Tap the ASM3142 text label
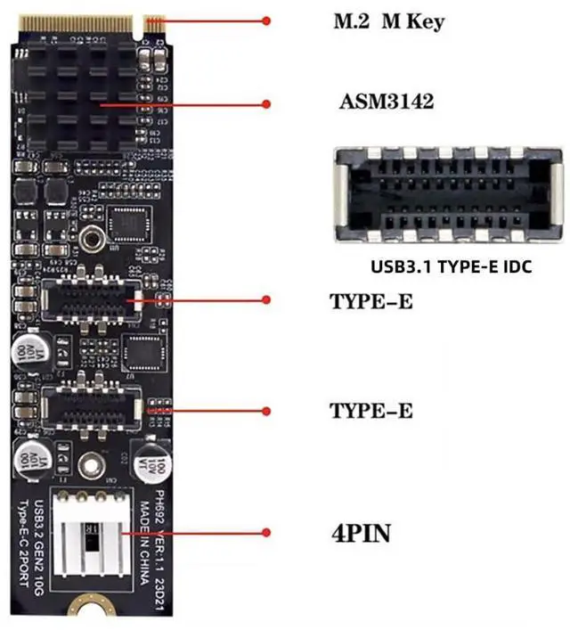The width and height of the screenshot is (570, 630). (x=386, y=102)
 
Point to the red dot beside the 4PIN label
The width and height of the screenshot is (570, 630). (x=266, y=533)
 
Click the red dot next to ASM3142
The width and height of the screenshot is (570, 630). (x=266, y=104)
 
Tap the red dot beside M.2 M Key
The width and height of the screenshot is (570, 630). (x=266, y=20)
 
